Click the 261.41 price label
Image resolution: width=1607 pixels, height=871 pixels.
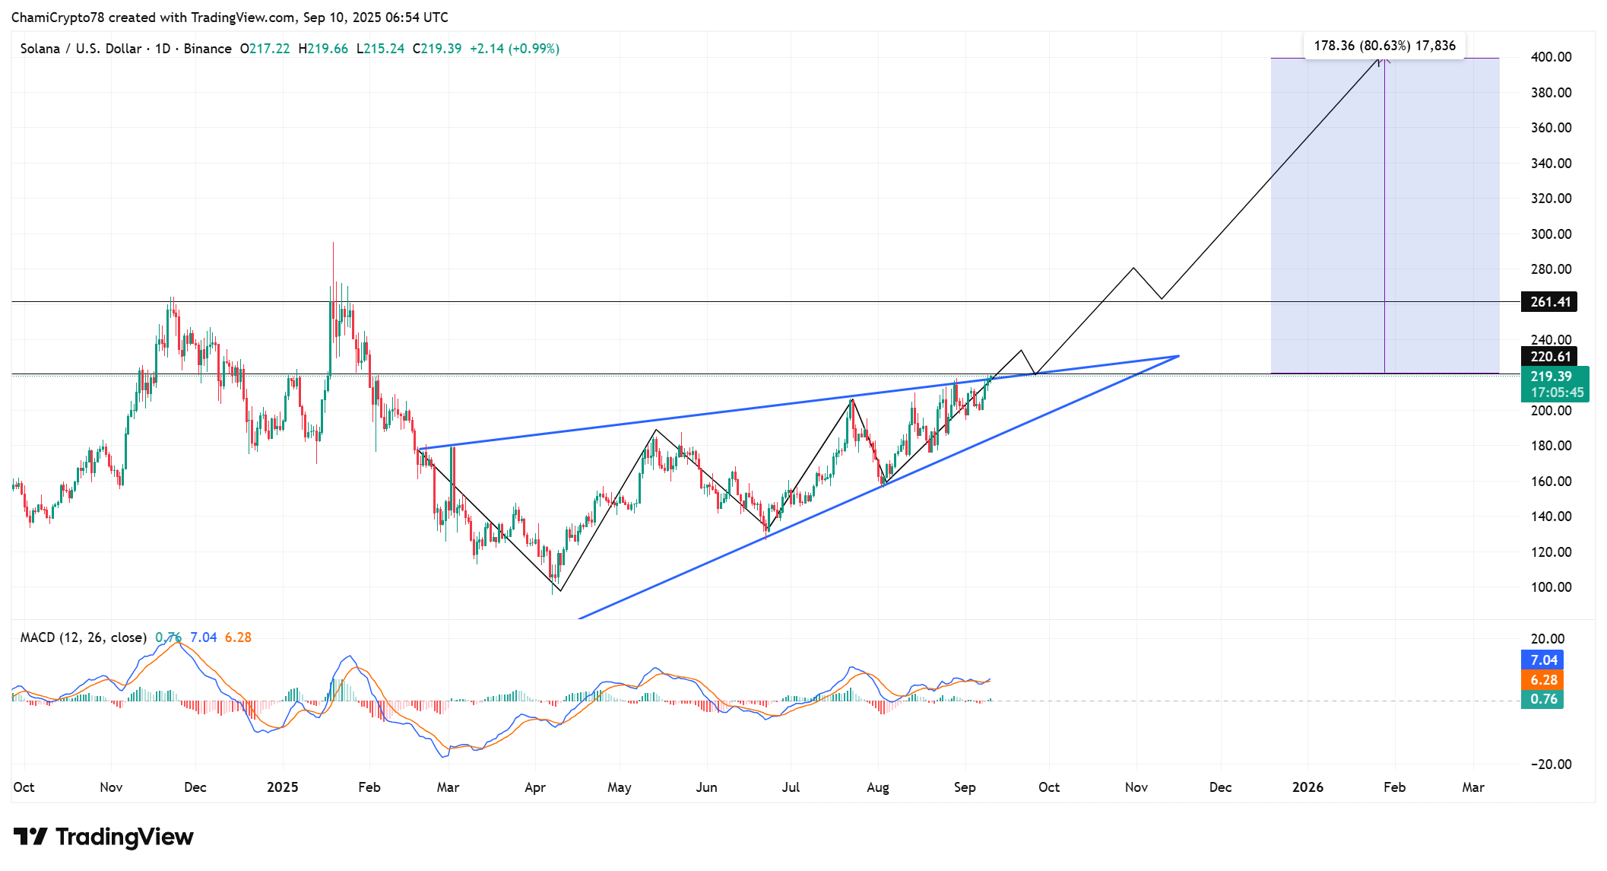[x=1549, y=302]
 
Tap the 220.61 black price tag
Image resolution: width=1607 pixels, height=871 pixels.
[x=1549, y=357]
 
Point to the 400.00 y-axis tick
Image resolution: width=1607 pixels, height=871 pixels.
[x=1551, y=57]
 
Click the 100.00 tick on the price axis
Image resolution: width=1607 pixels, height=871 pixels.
[x=1551, y=587]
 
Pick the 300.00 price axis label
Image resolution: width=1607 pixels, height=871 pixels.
[x=1551, y=234]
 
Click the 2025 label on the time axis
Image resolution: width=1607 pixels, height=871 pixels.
[x=282, y=787]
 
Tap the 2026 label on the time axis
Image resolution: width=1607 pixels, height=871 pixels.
[x=1307, y=787]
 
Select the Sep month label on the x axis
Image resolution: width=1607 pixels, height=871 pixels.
[x=964, y=787]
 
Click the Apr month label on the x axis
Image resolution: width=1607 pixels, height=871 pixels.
[x=535, y=787]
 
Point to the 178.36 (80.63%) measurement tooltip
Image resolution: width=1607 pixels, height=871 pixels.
[x=1384, y=46]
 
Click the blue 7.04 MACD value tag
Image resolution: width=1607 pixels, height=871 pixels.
[x=1543, y=660]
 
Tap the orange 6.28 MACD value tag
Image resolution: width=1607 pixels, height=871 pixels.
[x=1543, y=680]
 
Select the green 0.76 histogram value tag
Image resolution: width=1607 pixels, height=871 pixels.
[x=1543, y=699]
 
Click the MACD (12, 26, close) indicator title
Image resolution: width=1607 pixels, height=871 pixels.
[x=83, y=637]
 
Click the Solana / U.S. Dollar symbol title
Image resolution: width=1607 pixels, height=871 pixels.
[x=81, y=49]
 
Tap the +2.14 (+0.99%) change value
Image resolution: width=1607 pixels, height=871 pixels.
[x=515, y=49]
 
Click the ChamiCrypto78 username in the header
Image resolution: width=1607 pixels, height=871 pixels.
[x=57, y=17]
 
